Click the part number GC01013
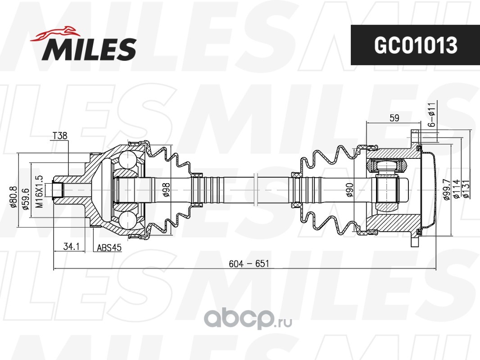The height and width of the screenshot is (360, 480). click(416, 45)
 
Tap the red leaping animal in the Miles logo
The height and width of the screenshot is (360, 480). click(55, 33)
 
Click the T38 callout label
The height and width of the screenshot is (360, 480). click(60, 135)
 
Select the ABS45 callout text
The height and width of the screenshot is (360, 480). click(109, 247)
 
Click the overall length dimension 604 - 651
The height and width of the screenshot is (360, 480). click(249, 263)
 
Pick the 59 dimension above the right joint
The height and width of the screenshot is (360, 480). click(394, 118)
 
